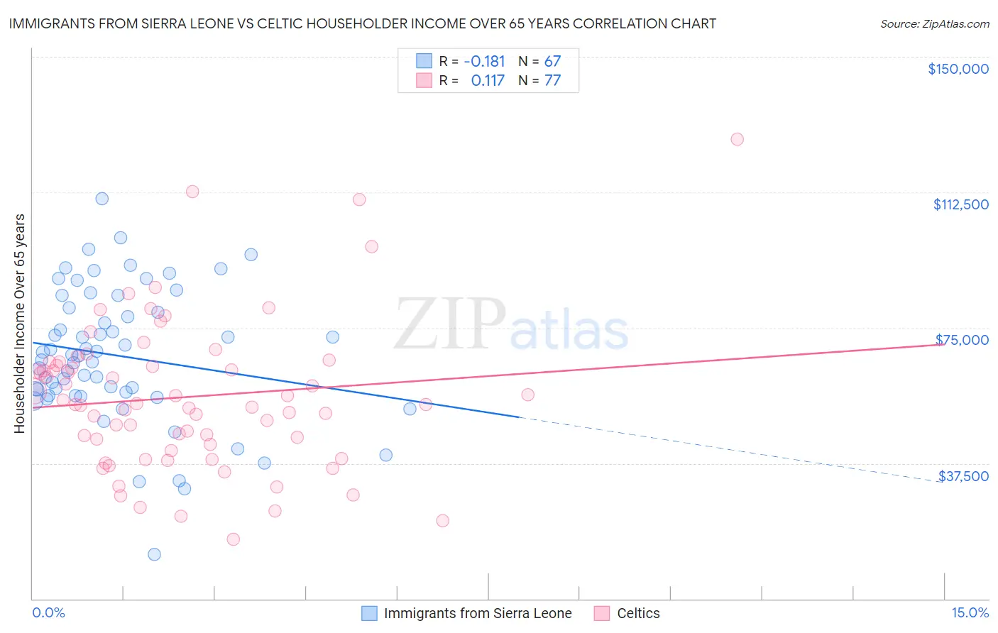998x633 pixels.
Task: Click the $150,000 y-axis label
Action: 958,69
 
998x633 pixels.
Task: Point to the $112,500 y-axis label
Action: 960,204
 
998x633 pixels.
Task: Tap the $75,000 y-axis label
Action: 962,340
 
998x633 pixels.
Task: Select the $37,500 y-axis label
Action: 963,476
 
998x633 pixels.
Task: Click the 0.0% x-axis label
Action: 48,613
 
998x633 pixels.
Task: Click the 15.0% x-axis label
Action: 970,613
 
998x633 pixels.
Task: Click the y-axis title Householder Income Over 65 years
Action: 19,324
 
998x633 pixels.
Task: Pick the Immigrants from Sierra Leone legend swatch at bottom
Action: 369,613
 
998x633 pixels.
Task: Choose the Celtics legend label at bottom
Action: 638,613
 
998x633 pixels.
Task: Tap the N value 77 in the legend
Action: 552,81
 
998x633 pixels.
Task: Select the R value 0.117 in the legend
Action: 488,81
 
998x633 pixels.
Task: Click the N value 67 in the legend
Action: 552,62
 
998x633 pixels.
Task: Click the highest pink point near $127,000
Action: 737,139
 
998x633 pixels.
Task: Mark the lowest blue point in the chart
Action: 154,554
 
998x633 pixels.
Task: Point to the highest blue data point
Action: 102,199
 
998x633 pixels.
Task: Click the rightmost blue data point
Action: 410,409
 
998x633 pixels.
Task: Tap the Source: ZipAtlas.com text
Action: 934,24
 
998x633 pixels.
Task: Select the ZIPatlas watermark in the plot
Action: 511,326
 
